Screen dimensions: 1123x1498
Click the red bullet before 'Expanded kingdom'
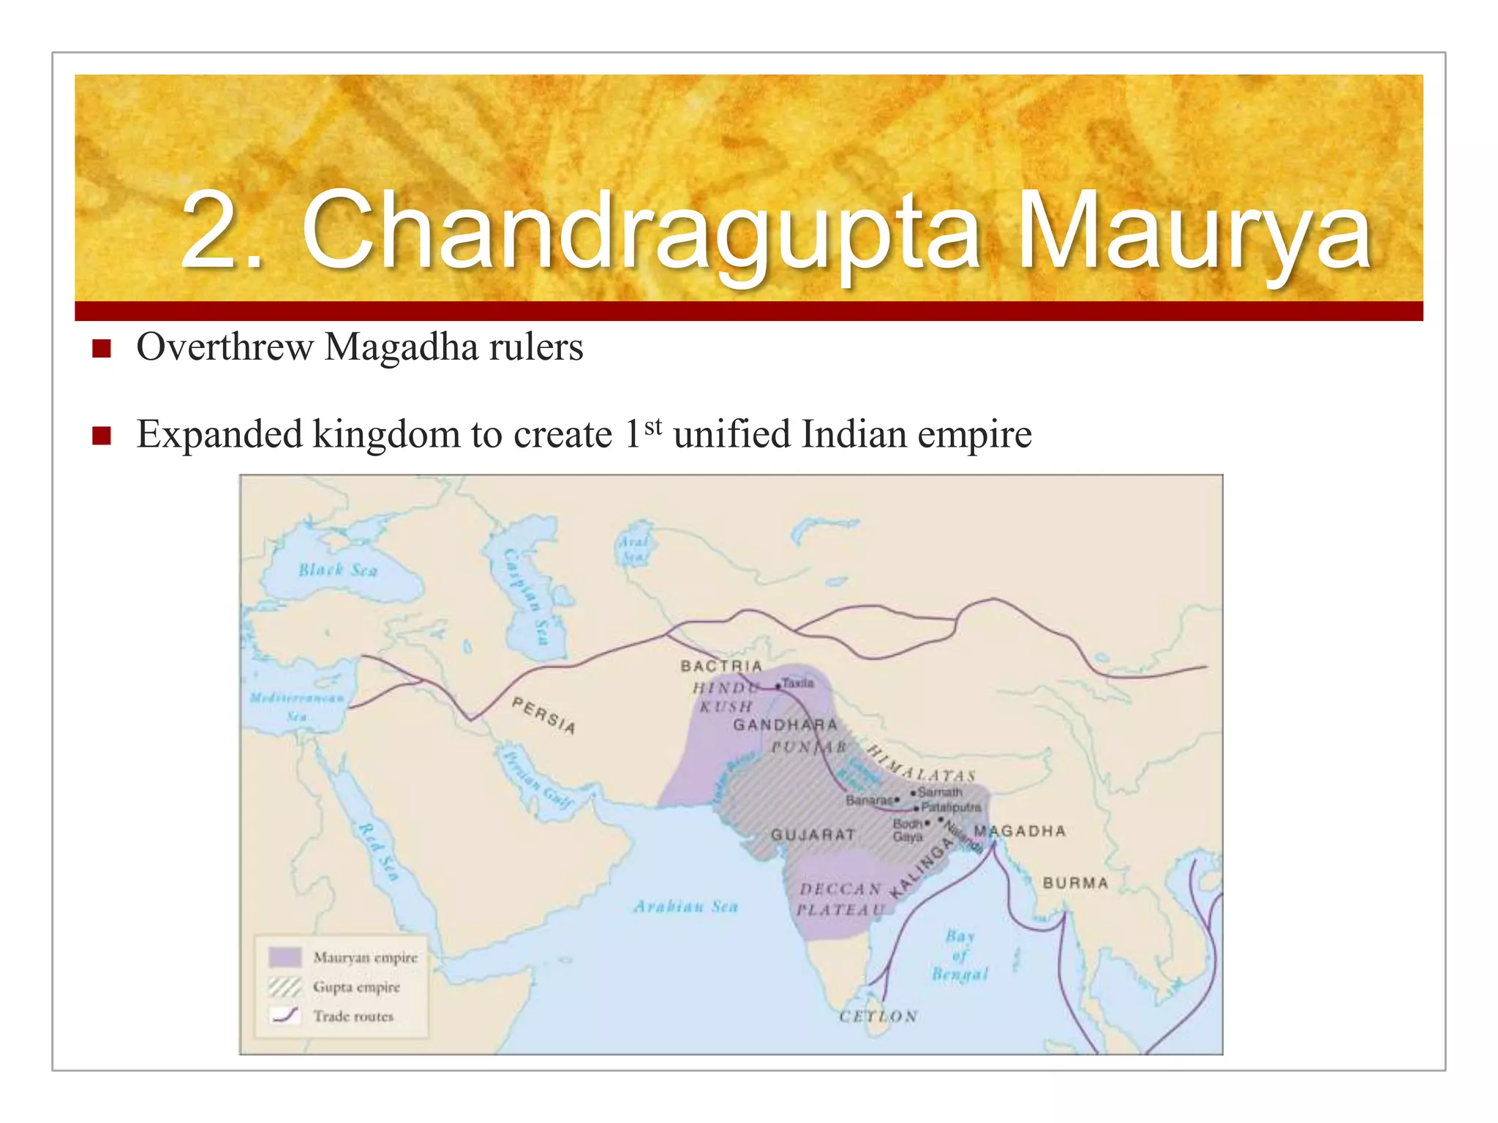point(101,436)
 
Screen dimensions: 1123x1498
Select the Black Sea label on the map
point(338,570)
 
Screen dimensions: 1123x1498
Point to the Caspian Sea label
point(527,597)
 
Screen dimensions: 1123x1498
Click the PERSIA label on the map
point(544,714)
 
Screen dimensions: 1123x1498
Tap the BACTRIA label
point(721,666)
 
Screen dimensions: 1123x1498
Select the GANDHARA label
point(785,725)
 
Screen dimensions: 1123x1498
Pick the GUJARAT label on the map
point(813,834)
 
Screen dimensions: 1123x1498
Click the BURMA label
point(1075,882)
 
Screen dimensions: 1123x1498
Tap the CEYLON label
point(878,1016)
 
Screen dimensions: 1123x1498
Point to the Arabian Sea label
point(685,907)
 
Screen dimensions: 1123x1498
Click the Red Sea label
point(379,851)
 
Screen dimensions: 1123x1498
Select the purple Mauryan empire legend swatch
point(285,957)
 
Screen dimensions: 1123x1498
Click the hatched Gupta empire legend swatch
point(285,987)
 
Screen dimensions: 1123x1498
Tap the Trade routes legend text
point(353,1016)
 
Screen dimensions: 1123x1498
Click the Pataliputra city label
point(951,807)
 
